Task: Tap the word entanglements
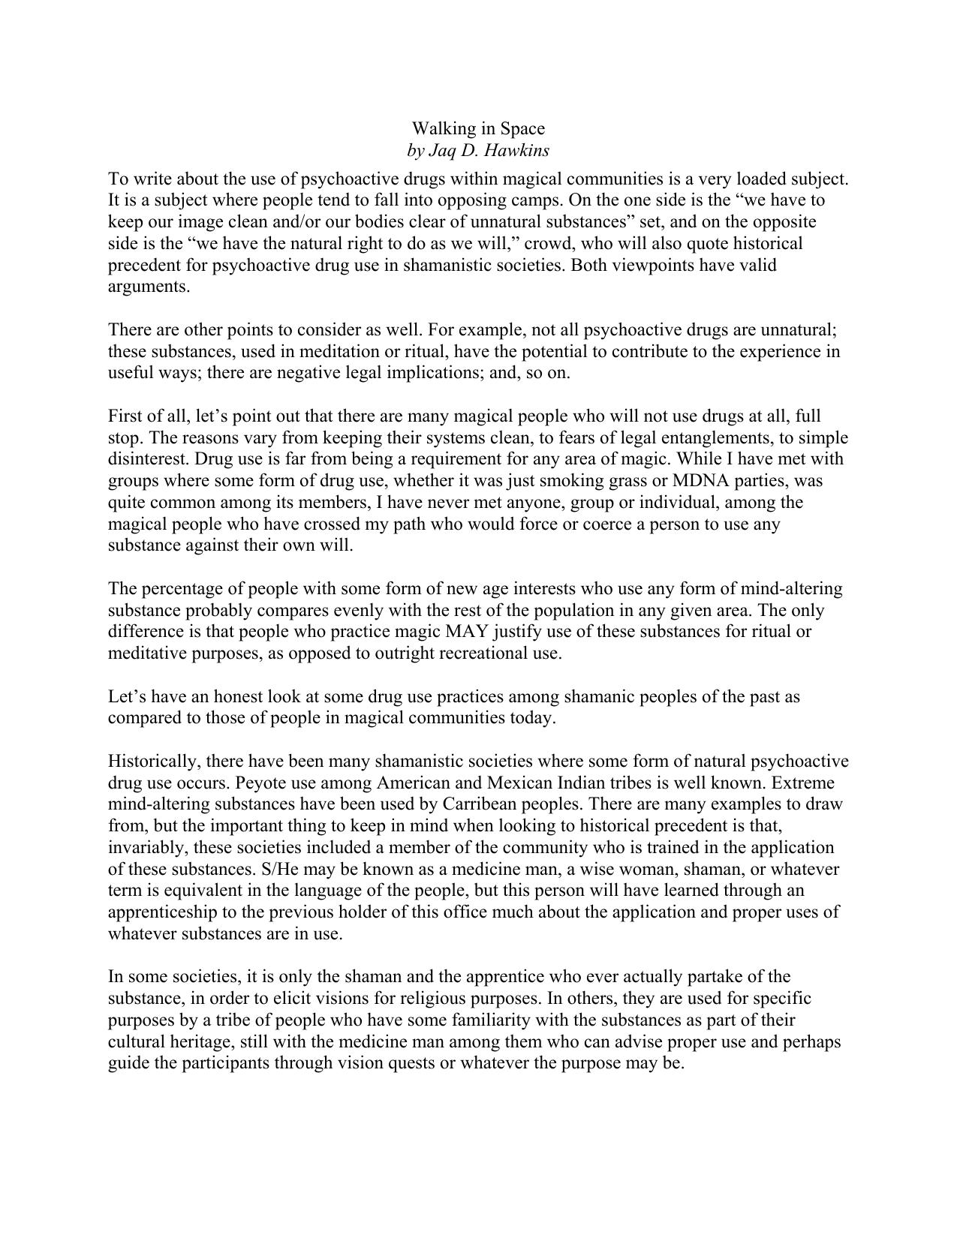[x=735, y=438]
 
